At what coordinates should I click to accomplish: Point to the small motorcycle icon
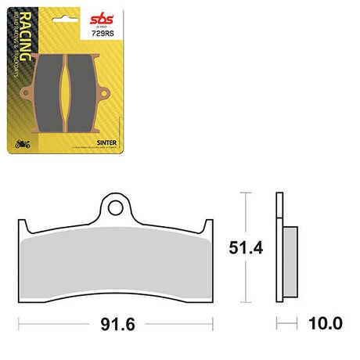[x=22, y=144]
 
